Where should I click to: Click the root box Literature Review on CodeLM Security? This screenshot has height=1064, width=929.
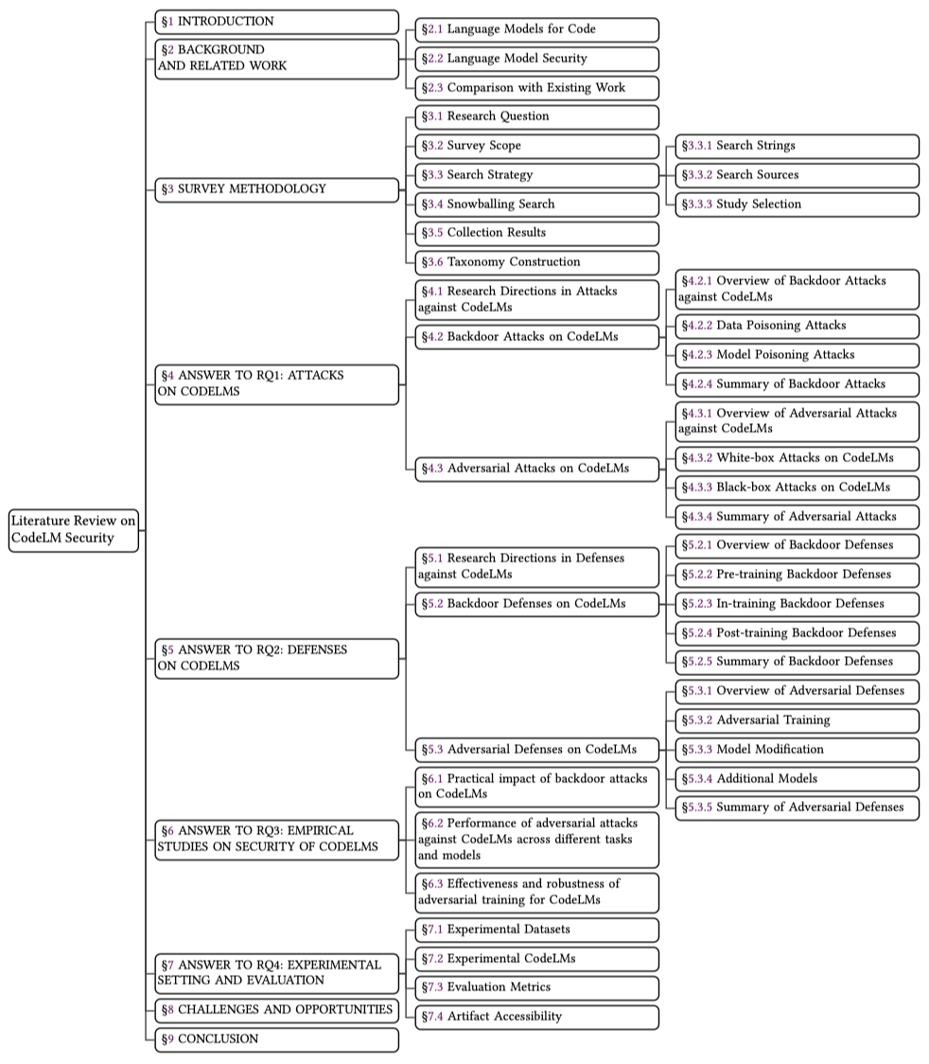(74, 529)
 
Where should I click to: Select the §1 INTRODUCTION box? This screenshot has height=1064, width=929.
(276, 22)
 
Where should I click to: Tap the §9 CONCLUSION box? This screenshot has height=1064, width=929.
(276, 1039)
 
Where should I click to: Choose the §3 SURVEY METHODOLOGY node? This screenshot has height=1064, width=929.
(276, 189)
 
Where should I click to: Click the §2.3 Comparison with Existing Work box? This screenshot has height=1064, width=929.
(536, 88)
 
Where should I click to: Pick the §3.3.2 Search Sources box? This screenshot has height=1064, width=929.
(797, 175)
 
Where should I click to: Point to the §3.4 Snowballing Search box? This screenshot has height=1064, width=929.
(536, 204)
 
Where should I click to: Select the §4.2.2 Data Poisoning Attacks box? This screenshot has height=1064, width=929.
(797, 326)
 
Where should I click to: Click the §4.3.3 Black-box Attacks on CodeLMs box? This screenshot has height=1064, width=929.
(797, 488)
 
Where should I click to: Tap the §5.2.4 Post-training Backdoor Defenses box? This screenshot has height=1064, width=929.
(797, 633)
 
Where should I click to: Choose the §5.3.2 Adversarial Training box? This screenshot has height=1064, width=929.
(797, 720)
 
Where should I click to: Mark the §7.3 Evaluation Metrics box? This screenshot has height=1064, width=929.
(536, 987)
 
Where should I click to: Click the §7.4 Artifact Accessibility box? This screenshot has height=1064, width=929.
(536, 1017)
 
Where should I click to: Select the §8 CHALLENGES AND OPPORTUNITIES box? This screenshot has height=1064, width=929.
(276, 1010)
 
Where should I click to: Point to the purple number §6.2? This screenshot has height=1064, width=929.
(432, 824)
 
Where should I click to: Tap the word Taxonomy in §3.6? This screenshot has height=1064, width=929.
(476, 262)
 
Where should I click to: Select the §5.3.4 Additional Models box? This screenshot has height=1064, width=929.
(797, 779)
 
